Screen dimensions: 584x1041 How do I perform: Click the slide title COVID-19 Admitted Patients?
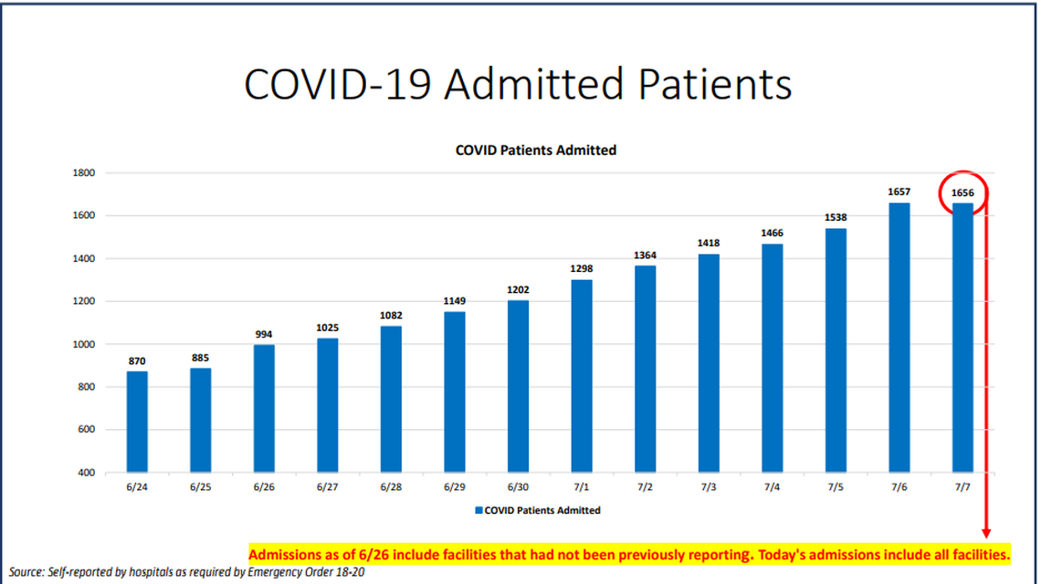518,84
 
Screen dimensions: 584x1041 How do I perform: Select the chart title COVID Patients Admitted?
536,150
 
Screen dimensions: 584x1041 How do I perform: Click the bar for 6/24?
137,422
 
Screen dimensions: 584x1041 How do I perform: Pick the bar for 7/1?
582,375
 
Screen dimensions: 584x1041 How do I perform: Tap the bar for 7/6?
899,337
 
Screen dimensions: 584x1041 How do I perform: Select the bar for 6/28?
391,399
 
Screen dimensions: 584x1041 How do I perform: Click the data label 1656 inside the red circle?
962,193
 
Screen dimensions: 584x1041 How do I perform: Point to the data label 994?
264,335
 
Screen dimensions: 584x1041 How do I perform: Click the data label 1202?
518,290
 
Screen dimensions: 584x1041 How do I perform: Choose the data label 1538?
836,218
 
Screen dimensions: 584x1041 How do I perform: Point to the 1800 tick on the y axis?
84,172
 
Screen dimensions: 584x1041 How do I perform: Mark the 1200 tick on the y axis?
84,301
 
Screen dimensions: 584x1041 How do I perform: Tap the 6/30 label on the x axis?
518,488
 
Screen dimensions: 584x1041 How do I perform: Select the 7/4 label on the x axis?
772,488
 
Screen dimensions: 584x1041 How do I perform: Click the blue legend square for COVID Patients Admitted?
478,511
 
